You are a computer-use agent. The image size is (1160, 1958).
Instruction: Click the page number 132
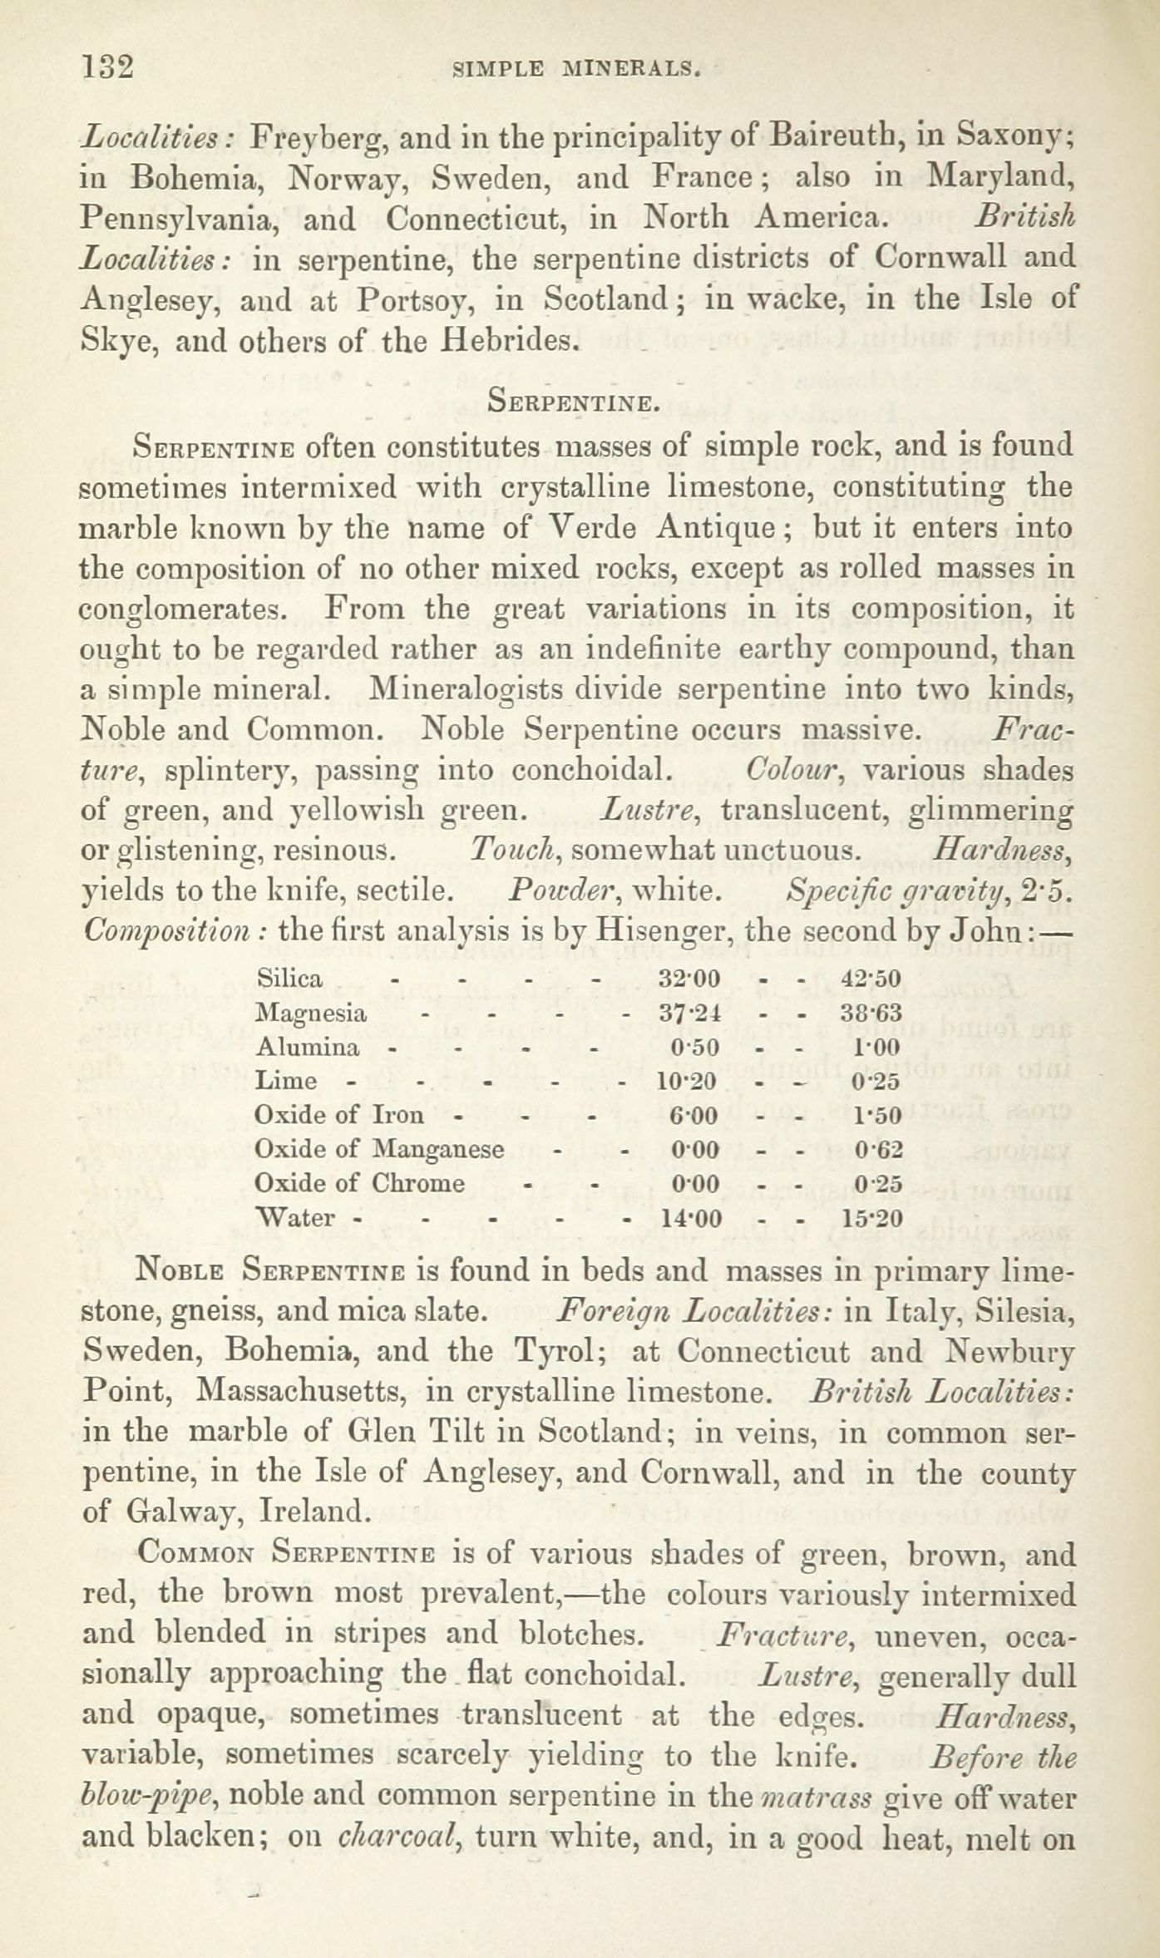(107, 66)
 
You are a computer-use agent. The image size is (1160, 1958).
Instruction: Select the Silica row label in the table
(289, 978)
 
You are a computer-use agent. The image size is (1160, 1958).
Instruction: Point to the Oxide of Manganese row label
(379, 1149)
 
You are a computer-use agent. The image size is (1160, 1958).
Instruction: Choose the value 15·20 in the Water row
(871, 1219)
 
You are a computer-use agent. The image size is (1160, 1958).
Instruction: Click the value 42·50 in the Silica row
(871, 978)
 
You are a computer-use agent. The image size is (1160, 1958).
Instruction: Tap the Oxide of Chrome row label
(360, 1183)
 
